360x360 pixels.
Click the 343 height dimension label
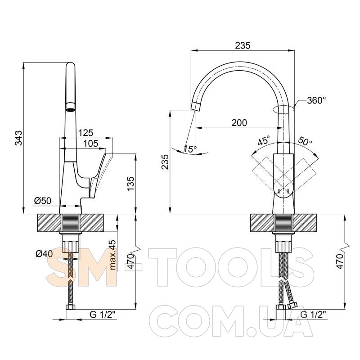coord(18,138)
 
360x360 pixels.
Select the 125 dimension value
coord(86,133)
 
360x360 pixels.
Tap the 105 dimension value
coord(90,144)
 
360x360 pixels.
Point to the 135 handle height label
coord(130,184)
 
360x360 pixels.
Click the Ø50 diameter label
coord(43,201)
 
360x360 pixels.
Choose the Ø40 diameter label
coord(44,254)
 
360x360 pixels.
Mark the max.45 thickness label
coord(113,255)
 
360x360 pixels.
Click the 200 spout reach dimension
coord(239,122)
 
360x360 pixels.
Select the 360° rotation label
coord(316,100)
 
